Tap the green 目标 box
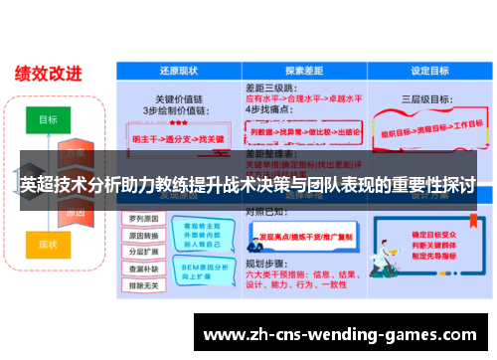coord(48,118)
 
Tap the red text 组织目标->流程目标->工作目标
coord(427,129)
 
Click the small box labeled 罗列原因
coord(140,218)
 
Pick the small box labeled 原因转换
coord(140,235)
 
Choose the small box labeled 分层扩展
coord(140,252)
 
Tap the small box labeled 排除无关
coord(140,285)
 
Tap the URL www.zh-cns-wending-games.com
coord(346,333)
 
